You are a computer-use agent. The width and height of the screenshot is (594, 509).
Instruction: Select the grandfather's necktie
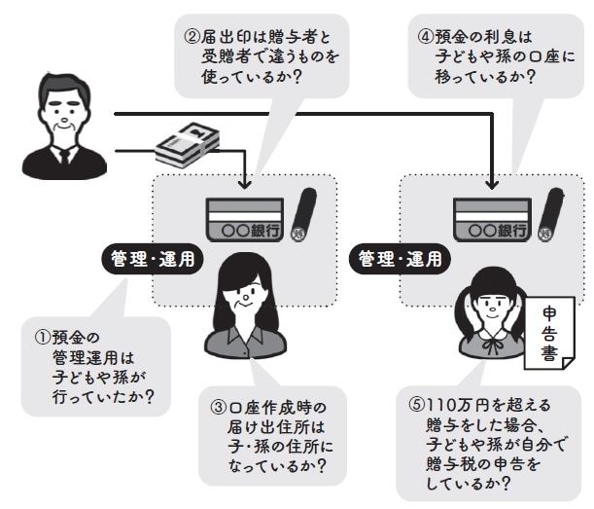[x=65, y=155]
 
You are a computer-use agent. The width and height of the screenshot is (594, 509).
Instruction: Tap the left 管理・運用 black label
[x=149, y=260]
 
